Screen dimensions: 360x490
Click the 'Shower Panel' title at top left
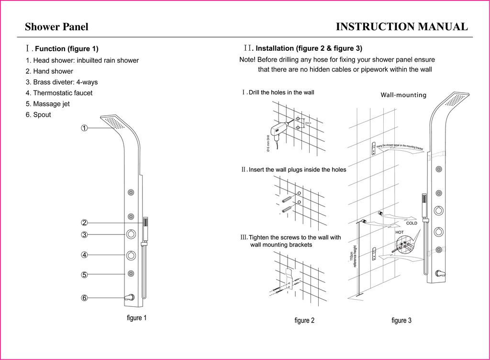56,27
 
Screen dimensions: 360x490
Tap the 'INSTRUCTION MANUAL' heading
402,27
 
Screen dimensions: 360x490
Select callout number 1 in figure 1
84,128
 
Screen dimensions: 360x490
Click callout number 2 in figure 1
84,223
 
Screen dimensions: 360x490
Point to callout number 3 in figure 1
84,235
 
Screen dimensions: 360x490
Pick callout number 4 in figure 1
84,255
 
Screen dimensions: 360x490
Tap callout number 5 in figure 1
84,275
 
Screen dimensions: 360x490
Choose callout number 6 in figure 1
84,298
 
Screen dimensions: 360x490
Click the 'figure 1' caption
136,318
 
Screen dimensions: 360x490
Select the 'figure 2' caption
304,320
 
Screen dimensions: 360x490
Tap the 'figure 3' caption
401,320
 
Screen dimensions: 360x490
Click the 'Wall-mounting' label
403,95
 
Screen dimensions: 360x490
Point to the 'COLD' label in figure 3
412,223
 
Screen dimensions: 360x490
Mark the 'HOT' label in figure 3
400,232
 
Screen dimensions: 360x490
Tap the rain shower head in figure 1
115,122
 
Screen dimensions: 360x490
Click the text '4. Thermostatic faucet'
59,93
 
